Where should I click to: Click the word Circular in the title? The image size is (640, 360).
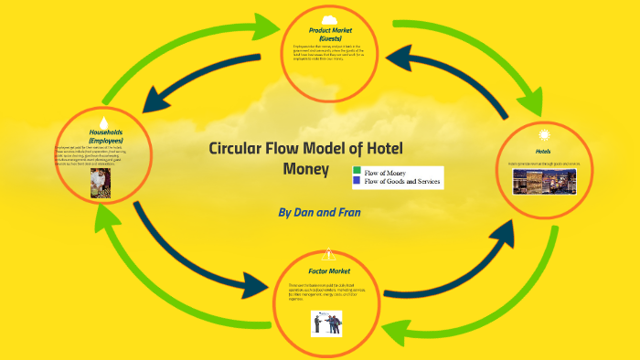(240, 149)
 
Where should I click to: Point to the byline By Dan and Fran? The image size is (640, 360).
(319, 211)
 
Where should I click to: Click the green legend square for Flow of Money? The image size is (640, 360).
(357, 172)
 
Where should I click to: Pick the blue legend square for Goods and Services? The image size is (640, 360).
(357, 181)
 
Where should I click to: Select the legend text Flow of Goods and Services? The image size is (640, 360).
(402, 182)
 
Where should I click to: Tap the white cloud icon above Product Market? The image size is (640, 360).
(330, 19)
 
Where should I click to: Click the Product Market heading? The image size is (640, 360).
(330, 30)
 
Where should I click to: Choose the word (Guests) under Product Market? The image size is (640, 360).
(330, 37)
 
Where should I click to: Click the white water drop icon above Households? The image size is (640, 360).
(104, 122)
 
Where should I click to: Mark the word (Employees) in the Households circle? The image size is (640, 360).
(102, 139)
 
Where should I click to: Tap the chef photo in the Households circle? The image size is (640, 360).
(101, 184)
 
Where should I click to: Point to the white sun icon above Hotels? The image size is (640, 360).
(545, 135)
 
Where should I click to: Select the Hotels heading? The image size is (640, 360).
(543, 151)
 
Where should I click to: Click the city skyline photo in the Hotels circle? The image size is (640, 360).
(544, 182)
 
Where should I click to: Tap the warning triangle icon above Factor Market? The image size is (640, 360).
(329, 255)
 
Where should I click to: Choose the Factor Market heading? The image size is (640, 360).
(328, 271)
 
